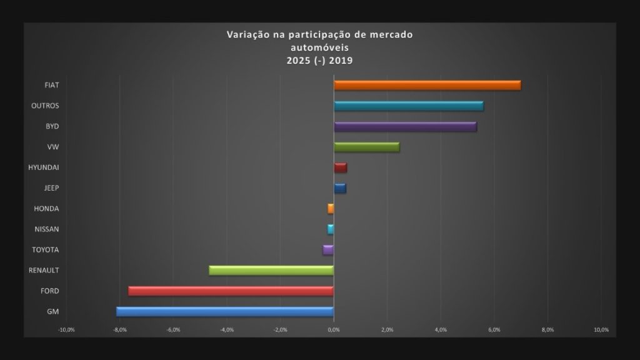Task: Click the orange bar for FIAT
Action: [x=427, y=85]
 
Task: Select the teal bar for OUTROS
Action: [x=409, y=106]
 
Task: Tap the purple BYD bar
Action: [x=405, y=126]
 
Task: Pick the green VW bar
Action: [x=366, y=147]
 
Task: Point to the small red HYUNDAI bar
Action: [x=341, y=167]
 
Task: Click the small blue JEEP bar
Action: [x=340, y=188]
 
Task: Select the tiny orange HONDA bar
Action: [x=331, y=209]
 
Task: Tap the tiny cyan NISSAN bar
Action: [x=331, y=229]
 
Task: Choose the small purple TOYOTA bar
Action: [x=329, y=250]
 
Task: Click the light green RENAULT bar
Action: [x=271, y=271]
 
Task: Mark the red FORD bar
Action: [x=231, y=291]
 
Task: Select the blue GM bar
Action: [x=225, y=312]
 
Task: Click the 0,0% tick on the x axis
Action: [x=334, y=329]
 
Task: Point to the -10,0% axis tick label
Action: [x=66, y=329]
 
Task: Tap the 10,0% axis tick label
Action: [x=601, y=329]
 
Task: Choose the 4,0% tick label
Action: [x=441, y=329]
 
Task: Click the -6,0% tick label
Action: [x=173, y=329]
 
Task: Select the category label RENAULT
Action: [x=44, y=271]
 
